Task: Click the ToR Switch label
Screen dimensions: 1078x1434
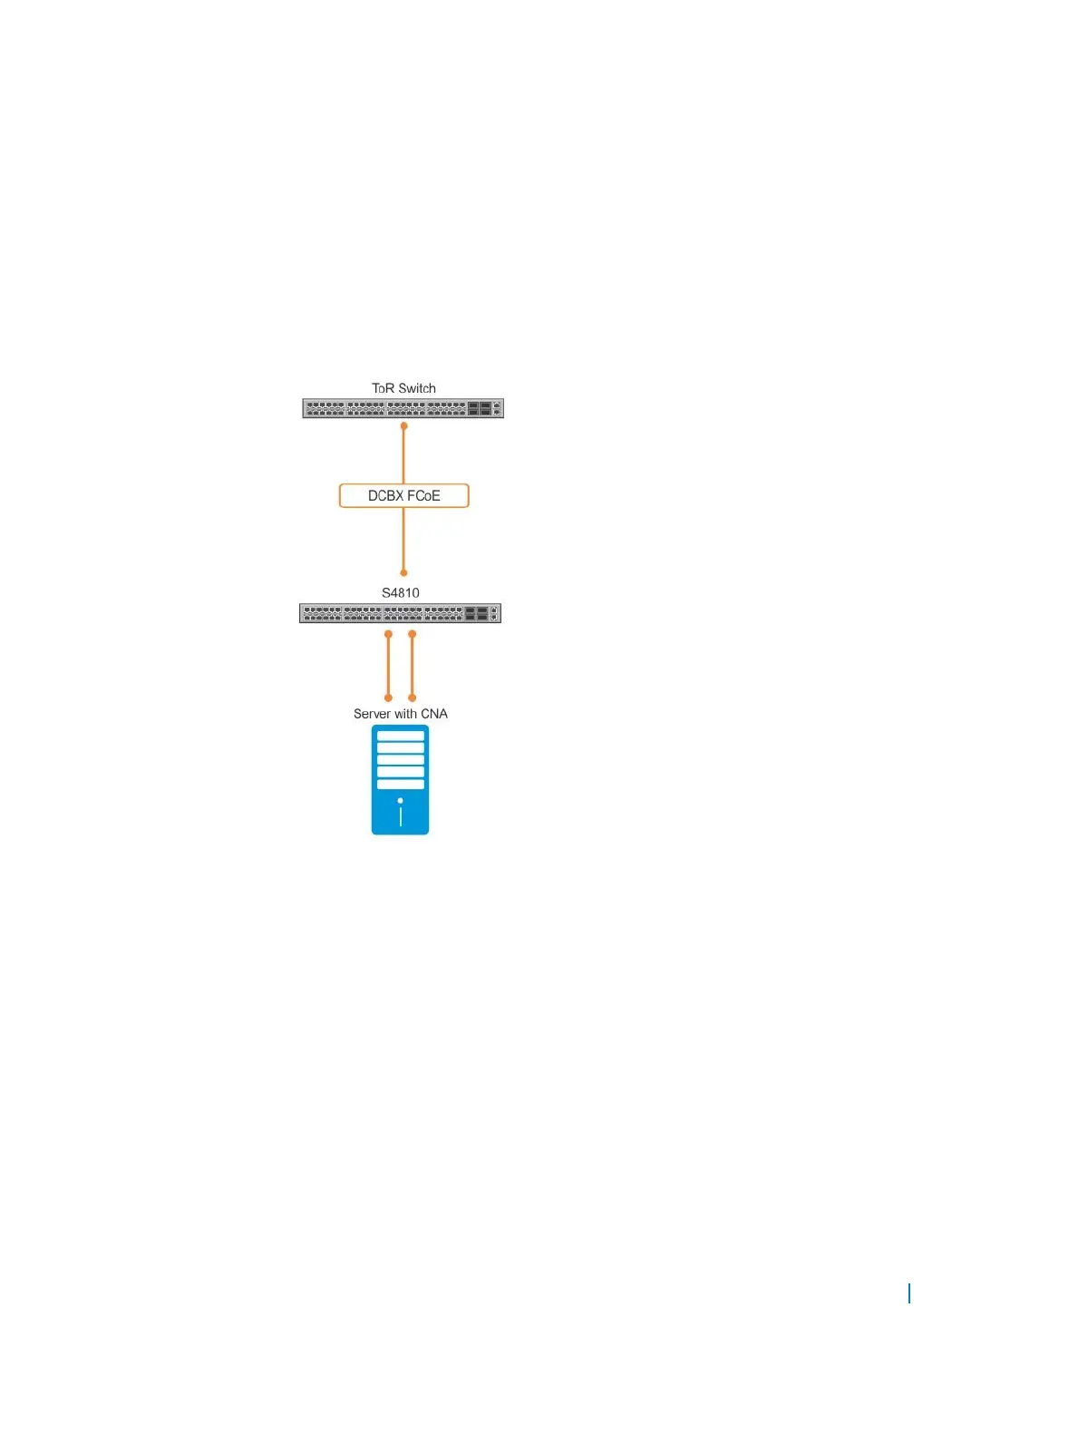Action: [403, 388]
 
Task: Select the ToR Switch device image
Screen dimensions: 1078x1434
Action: [403, 409]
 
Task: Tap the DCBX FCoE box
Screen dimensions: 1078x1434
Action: [403, 495]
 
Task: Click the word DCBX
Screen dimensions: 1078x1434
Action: [385, 496]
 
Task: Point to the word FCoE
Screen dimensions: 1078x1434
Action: [423, 496]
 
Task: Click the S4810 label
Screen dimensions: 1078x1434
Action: [400, 593]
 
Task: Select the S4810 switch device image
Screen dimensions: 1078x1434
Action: [400, 614]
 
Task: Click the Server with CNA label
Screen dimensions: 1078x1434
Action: [400, 714]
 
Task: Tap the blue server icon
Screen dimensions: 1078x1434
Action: [400, 780]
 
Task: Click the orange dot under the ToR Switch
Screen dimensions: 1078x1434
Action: [403, 426]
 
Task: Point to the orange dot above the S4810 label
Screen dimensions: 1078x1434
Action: [403, 573]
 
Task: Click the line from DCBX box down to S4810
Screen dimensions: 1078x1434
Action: [403, 540]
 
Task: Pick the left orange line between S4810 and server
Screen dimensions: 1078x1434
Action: [388, 666]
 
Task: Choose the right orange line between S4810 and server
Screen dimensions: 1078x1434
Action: [413, 666]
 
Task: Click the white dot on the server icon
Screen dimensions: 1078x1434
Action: [400, 801]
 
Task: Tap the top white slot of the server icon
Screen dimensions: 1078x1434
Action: [400, 736]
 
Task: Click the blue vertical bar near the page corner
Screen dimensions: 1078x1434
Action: [909, 1293]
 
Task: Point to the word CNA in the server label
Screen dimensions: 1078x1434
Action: [434, 714]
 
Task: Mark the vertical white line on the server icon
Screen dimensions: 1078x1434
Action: [400, 816]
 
